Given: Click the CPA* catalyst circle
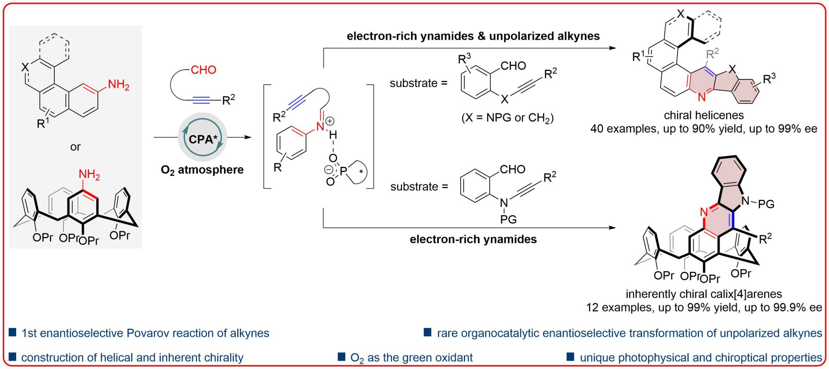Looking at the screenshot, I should pos(202,138).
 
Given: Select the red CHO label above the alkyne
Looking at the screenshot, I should pos(203,70).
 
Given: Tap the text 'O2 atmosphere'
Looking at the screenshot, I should pos(202,170).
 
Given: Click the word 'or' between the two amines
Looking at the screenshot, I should pos(75,147).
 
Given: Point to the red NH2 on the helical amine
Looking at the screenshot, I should pos(118,85).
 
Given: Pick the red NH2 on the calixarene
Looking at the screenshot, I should pos(89,175).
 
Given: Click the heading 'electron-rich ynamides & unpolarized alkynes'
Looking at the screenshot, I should pos(473,36).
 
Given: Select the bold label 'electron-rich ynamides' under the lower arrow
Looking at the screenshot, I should pos(473,239).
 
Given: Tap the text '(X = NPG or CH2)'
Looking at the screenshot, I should pos(507,118).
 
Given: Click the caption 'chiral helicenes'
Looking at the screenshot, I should pos(704,115).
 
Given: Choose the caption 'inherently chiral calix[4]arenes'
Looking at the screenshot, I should pos(704,294).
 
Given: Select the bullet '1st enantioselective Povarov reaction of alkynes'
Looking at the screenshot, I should pos(145,333).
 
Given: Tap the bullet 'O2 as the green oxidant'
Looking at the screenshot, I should pos(411,358).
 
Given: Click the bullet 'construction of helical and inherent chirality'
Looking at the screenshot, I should pos(132,358).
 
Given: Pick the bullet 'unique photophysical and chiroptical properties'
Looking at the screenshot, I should pos(700,358).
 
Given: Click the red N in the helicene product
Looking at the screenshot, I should pos(701,97).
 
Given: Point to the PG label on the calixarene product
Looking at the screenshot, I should pos(766,204).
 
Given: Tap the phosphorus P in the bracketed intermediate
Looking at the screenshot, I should pos(343,172).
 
